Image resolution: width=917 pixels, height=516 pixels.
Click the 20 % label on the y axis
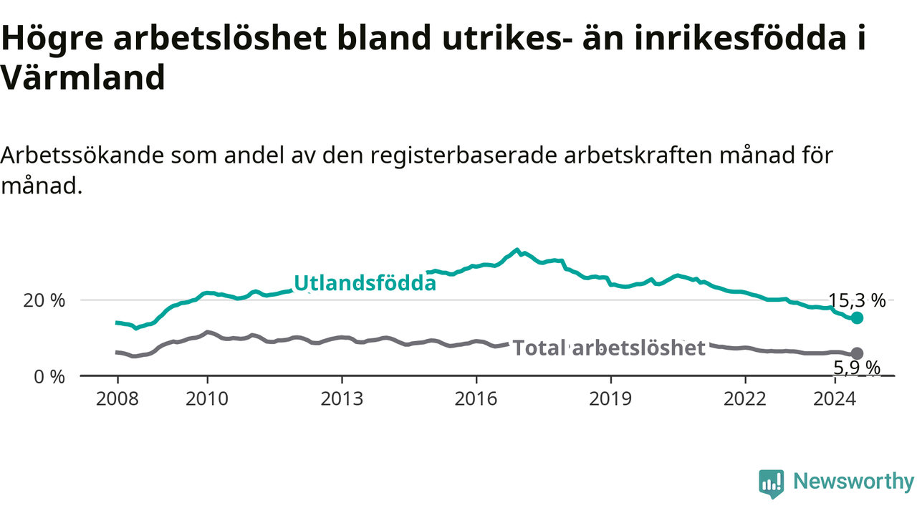click(44, 301)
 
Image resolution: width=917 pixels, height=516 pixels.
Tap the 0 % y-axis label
click(49, 377)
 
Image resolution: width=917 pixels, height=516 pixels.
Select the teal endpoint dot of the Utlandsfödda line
click(857, 317)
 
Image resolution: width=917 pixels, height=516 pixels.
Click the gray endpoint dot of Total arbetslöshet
click(857, 353)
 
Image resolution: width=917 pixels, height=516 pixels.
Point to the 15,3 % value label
click(857, 301)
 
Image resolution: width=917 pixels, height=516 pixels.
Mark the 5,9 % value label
click(857, 368)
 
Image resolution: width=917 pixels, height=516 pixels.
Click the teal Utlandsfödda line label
click(365, 283)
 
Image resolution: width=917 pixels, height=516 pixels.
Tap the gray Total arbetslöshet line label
click(609, 348)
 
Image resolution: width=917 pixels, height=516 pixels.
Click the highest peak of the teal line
click(517, 249)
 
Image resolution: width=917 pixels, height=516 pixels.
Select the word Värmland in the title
click(83, 77)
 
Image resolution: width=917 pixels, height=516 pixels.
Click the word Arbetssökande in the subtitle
click(82, 156)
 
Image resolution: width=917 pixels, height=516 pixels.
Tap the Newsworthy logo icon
click(772, 484)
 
